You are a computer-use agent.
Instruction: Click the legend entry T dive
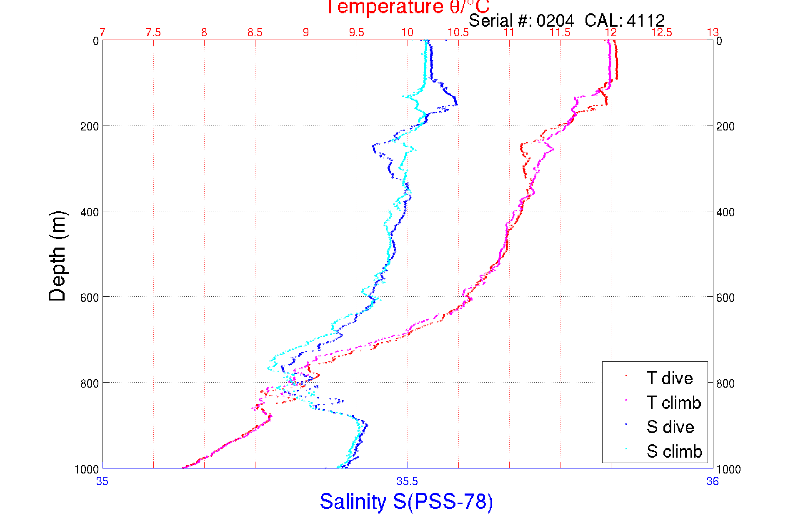pos(669,378)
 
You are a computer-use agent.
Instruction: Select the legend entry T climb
pos(673,403)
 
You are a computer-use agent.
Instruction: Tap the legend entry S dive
pos(670,427)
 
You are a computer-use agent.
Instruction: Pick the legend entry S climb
pos(674,451)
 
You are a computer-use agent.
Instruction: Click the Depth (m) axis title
pos(58,256)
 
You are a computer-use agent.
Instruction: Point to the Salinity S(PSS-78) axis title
pos(406,501)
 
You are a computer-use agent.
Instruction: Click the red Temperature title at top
pos(408,7)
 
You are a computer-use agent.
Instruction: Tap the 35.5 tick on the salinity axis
pos(407,482)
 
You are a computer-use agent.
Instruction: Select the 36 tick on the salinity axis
pos(713,482)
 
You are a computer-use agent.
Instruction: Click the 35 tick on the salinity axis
pos(102,482)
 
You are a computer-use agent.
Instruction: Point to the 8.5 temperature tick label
pos(255,33)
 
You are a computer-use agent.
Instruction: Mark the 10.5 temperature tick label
pos(458,33)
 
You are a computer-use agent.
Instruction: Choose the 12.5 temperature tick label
pos(662,33)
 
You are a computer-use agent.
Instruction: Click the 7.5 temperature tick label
pos(153,33)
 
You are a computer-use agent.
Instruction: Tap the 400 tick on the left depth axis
pos(90,212)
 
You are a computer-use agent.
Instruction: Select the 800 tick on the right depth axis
pos(725,383)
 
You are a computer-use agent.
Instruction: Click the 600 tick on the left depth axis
pos(90,298)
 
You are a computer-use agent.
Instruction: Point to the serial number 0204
pos(555,20)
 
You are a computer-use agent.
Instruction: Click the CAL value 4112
pos(645,20)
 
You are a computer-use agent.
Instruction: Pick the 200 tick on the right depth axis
pos(725,126)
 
